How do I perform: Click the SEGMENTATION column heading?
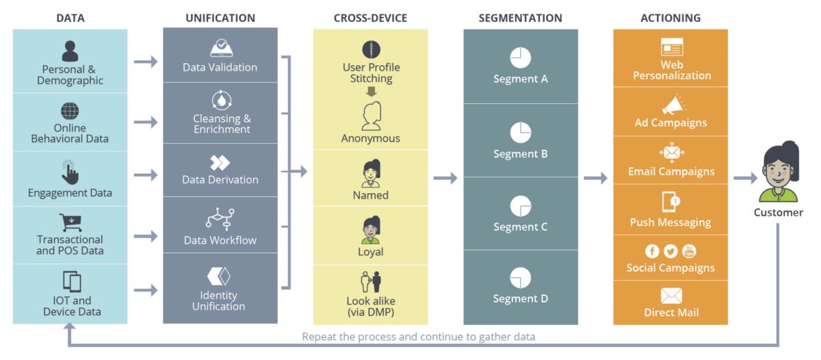click(520, 18)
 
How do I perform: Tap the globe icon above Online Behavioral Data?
click(70, 111)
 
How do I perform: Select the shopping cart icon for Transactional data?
click(70, 222)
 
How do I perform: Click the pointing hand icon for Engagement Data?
click(70, 172)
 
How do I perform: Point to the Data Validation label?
click(220, 67)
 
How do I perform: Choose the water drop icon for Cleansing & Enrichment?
click(221, 101)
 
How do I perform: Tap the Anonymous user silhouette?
click(372, 116)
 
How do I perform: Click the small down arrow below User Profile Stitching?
click(372, 91)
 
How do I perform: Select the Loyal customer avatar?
click(371, 230)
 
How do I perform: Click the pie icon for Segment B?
click(521, 132)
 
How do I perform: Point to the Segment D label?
click(521, 298)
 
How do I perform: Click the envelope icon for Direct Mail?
click(671, 296)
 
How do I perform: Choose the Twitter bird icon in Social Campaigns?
click(670, 251)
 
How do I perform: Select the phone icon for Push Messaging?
click(670, 201)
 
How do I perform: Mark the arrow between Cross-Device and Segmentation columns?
click(445, 178)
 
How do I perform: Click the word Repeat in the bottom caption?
click(320, 337)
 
